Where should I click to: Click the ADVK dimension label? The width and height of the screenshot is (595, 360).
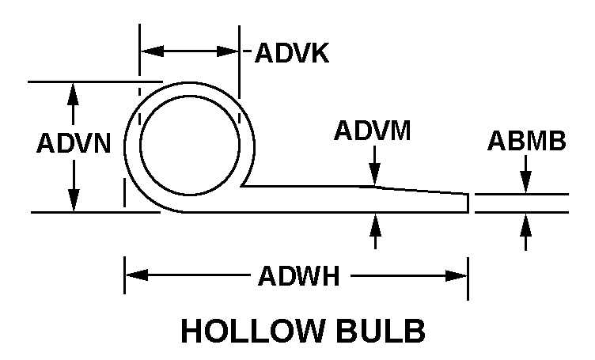pos(292,53)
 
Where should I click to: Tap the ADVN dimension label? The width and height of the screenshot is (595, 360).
pos(74,143)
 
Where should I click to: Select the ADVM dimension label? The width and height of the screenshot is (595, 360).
pos(372,131)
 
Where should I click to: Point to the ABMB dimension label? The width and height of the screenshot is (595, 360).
pos(527,140)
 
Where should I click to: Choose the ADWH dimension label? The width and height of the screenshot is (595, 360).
pos(298,276)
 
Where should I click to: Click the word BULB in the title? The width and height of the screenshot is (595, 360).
pos(381,331)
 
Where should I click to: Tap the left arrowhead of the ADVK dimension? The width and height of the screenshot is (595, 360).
pos(152,51)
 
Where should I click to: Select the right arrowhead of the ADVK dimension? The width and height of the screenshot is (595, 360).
pos(228,51)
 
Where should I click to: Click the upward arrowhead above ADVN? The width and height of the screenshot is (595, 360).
pos(73,93)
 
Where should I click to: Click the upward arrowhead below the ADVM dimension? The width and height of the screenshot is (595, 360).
pos(375,225)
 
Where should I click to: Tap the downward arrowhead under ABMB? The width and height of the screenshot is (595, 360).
pos(525,183)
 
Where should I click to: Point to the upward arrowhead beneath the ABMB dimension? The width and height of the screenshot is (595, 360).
pos(525,225)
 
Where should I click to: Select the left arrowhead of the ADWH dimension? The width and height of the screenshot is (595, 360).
pos(137,275)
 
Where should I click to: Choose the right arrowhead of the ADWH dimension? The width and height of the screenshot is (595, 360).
pos(456,276)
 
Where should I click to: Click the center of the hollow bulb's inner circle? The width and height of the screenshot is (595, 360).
pos(190,146)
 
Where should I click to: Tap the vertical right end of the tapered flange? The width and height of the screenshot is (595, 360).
pos(468,203)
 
